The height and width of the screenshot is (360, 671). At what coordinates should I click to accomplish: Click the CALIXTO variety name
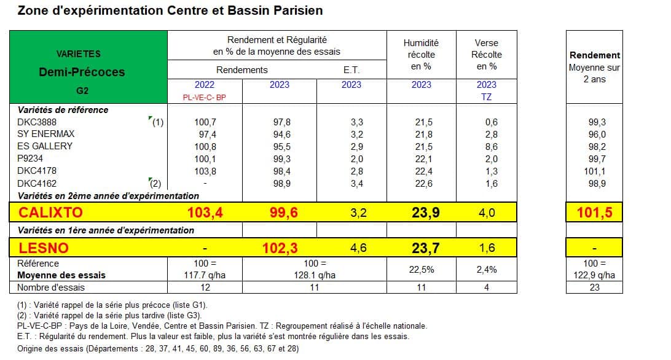(50, 213)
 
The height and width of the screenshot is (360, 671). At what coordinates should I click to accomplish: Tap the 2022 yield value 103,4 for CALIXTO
(205, 213)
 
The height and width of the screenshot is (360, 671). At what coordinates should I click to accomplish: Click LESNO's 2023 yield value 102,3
(280, 248)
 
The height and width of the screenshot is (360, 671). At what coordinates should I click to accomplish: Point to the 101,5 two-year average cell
(594, 213)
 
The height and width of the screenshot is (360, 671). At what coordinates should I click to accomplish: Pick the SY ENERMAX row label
(46, 134)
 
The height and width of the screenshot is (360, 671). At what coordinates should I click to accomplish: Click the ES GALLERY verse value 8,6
(492, 146)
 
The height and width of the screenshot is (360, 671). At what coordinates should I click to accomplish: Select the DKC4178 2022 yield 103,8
(205, 171)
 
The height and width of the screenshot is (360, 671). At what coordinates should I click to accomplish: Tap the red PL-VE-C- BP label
(204, 98)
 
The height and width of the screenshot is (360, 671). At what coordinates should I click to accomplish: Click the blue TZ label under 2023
(486, 96)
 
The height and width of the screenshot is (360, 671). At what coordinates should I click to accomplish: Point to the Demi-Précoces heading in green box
(82, 72)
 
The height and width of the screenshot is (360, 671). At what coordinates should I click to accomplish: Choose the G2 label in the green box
(82, 91)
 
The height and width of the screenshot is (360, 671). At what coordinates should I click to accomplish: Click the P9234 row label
(30, 158)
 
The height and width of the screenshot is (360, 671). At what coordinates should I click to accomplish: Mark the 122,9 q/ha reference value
(594, 275)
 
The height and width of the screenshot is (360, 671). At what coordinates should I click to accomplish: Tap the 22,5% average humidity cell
(422, 269)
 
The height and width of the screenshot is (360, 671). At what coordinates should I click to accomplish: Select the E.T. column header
(351, 70)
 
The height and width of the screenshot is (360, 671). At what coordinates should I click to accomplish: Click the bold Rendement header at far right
(594, 55)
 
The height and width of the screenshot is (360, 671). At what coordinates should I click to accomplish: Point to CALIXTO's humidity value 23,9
(425, 213)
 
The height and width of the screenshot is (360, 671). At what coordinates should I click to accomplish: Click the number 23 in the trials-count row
(594, 288)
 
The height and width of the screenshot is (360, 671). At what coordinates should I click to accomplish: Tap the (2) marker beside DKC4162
(155, 184)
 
